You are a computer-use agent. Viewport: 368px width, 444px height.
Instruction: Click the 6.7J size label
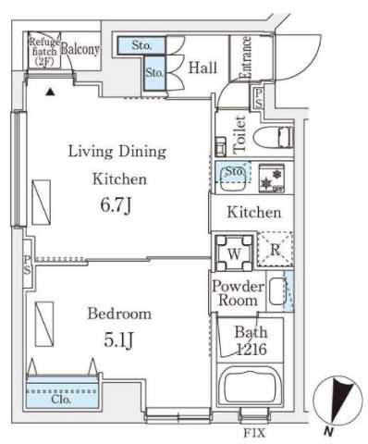coord(116,200)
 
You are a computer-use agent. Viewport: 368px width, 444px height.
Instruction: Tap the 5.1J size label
coord(118,339)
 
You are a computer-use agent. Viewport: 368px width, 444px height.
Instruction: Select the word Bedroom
coord(118,314)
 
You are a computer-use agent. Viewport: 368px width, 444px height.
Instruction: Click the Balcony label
coord(80,51)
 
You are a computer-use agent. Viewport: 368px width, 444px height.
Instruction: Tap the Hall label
coord(202,67)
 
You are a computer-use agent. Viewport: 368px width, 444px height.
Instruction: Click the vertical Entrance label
coord(247,57)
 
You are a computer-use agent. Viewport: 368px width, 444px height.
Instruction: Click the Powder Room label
coord(238,293)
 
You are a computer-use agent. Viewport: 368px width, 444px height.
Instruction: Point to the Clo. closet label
coord(62,400)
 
